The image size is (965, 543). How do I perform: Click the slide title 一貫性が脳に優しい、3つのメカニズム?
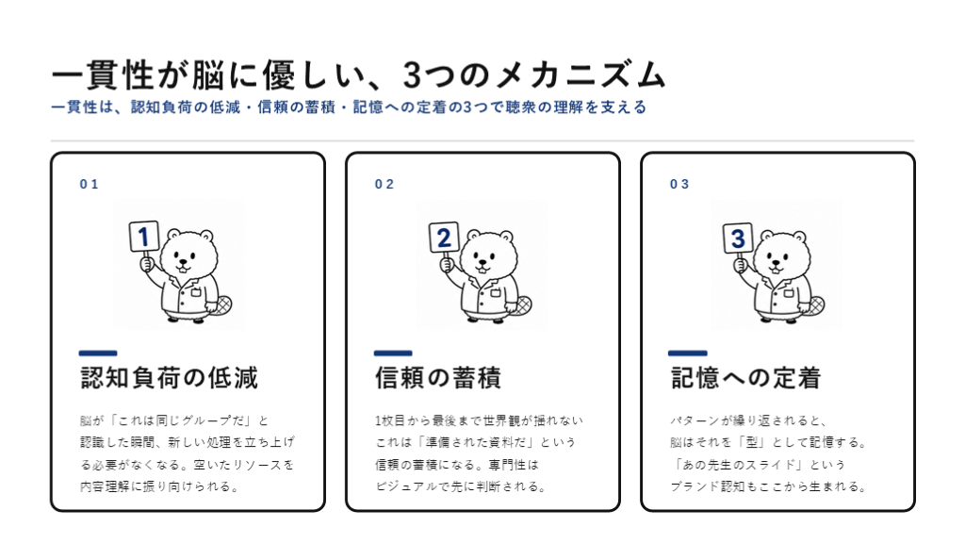(359, 75)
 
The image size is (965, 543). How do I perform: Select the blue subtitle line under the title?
(349, 107)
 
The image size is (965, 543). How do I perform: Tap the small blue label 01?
(90, 184)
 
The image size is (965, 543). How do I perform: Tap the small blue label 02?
(384, 184)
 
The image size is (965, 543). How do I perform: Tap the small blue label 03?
(679, 184)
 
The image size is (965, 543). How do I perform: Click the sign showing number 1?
(144, 237)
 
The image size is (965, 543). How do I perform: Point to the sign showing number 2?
(443, 238)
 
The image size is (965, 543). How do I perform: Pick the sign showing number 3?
(737, 239)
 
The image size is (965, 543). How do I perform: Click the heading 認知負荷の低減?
(170, 378)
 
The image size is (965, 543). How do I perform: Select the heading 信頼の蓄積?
(438, 378)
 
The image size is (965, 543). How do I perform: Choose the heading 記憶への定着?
(745, 378)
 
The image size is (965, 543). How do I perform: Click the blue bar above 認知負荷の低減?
(98, 353)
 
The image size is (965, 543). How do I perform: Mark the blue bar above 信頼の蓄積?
(393, 353)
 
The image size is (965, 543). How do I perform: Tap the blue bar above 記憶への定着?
(687, 353)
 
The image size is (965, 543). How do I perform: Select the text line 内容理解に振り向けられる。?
(159, 486)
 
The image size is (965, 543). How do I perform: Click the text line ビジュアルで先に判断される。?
(461, 486)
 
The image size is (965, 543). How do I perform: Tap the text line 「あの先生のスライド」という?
(759, 465)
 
